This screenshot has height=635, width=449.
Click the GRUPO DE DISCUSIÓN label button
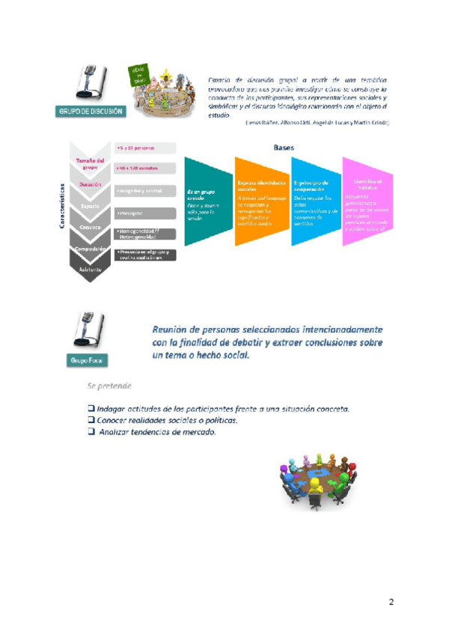(91, 112)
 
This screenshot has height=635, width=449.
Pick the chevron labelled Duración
(90, 184)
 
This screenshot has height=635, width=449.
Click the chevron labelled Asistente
(90, 267)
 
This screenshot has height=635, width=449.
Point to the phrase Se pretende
(109, 386)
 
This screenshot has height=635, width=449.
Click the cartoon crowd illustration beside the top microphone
(159, 92)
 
